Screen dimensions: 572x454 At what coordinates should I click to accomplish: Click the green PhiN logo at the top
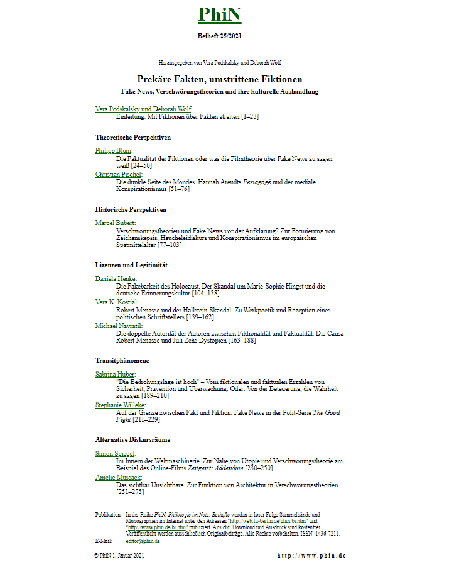tap(219, 14)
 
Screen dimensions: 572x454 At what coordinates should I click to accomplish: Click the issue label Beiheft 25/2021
tap(219, 36)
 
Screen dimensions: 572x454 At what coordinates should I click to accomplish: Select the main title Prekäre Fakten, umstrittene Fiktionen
tap(219, 79)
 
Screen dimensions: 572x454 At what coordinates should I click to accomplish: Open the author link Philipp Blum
tap(113, 150)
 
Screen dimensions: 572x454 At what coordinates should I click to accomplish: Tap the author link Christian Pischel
tap(118, 174)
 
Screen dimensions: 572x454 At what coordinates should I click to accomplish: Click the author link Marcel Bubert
tap(115, 223)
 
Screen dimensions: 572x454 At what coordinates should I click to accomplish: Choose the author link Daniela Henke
tap(116, 278)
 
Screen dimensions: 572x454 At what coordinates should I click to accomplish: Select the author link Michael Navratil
tap(118, 326)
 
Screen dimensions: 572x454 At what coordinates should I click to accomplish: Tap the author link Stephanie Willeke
tap(120, 405)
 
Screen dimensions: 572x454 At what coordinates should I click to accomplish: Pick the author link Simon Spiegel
tap(116, 453)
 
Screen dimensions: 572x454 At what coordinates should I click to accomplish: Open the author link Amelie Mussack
tap(118, 478)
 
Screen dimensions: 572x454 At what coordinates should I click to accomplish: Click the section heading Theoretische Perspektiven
tap(133, 137)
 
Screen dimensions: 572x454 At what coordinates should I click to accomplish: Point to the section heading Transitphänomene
tap(122, 361)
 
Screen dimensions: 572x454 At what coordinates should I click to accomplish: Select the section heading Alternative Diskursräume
tap(132, 440)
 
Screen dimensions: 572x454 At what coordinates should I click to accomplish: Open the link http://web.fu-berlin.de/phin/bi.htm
tap(268, 521)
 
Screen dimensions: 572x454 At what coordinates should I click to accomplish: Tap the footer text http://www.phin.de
tap(311, 556)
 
